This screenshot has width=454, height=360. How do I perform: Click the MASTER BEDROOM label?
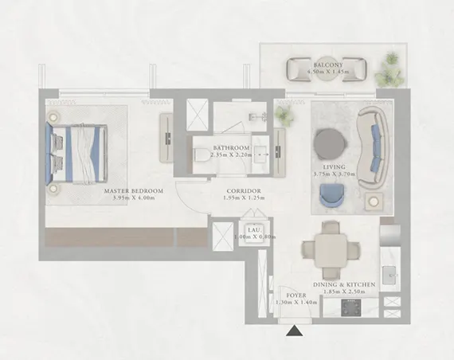pyautogui.click(x=134, y=191)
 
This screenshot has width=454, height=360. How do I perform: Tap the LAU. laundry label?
pyautogui.click(x=254, y=229)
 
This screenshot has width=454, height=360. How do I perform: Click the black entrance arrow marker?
pyautogui.click(x=295, y=331)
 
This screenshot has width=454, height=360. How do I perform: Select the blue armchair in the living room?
pyautogui.click(x=331, y=195)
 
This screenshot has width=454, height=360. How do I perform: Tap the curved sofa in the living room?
pyautogui.click(x=373, y=149)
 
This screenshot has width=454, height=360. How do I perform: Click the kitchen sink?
pyautogui.click(x=389, y=276)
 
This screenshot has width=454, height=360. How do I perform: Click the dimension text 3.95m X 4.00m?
pyautogui.click(x=133, y=199)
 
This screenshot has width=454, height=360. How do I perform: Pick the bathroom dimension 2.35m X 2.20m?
pyautogui.click(x=232, y=156)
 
